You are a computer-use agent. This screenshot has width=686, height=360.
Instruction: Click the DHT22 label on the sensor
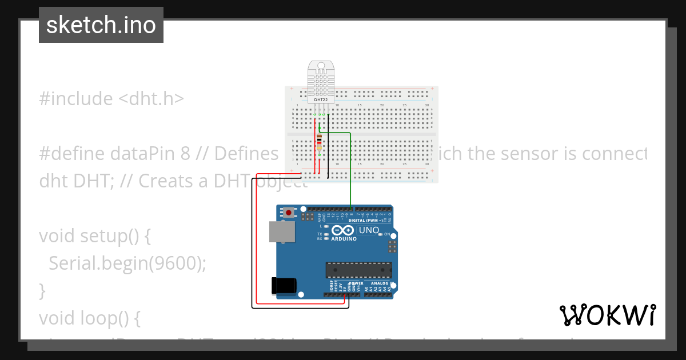[321, 99]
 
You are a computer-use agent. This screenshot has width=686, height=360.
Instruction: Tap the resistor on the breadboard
[319, 142]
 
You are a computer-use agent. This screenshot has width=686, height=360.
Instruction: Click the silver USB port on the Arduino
[282, 231]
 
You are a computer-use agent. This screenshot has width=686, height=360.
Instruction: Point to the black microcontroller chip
[358, 270]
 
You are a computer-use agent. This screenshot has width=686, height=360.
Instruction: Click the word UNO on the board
[369, 230]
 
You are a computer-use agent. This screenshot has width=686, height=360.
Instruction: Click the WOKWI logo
[607, 315]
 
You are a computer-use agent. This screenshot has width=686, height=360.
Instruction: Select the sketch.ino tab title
[101, 25]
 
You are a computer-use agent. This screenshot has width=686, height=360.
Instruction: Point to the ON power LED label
[387, 234]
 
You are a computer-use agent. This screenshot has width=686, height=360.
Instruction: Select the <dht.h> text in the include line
[151, 99]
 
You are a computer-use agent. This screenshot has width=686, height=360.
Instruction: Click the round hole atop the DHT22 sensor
[321, 66]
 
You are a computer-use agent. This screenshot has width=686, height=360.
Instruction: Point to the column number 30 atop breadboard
[427, 105]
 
